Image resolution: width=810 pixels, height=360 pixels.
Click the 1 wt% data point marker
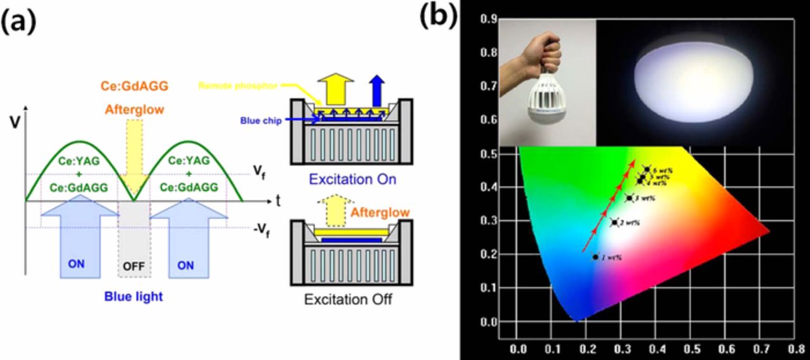[x=595, y=256]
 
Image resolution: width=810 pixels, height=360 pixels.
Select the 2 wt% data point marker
[x=613, y=221]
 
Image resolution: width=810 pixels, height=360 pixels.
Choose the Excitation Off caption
[x=348, y=299]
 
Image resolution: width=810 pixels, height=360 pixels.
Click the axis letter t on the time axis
[x=278, y=201]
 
